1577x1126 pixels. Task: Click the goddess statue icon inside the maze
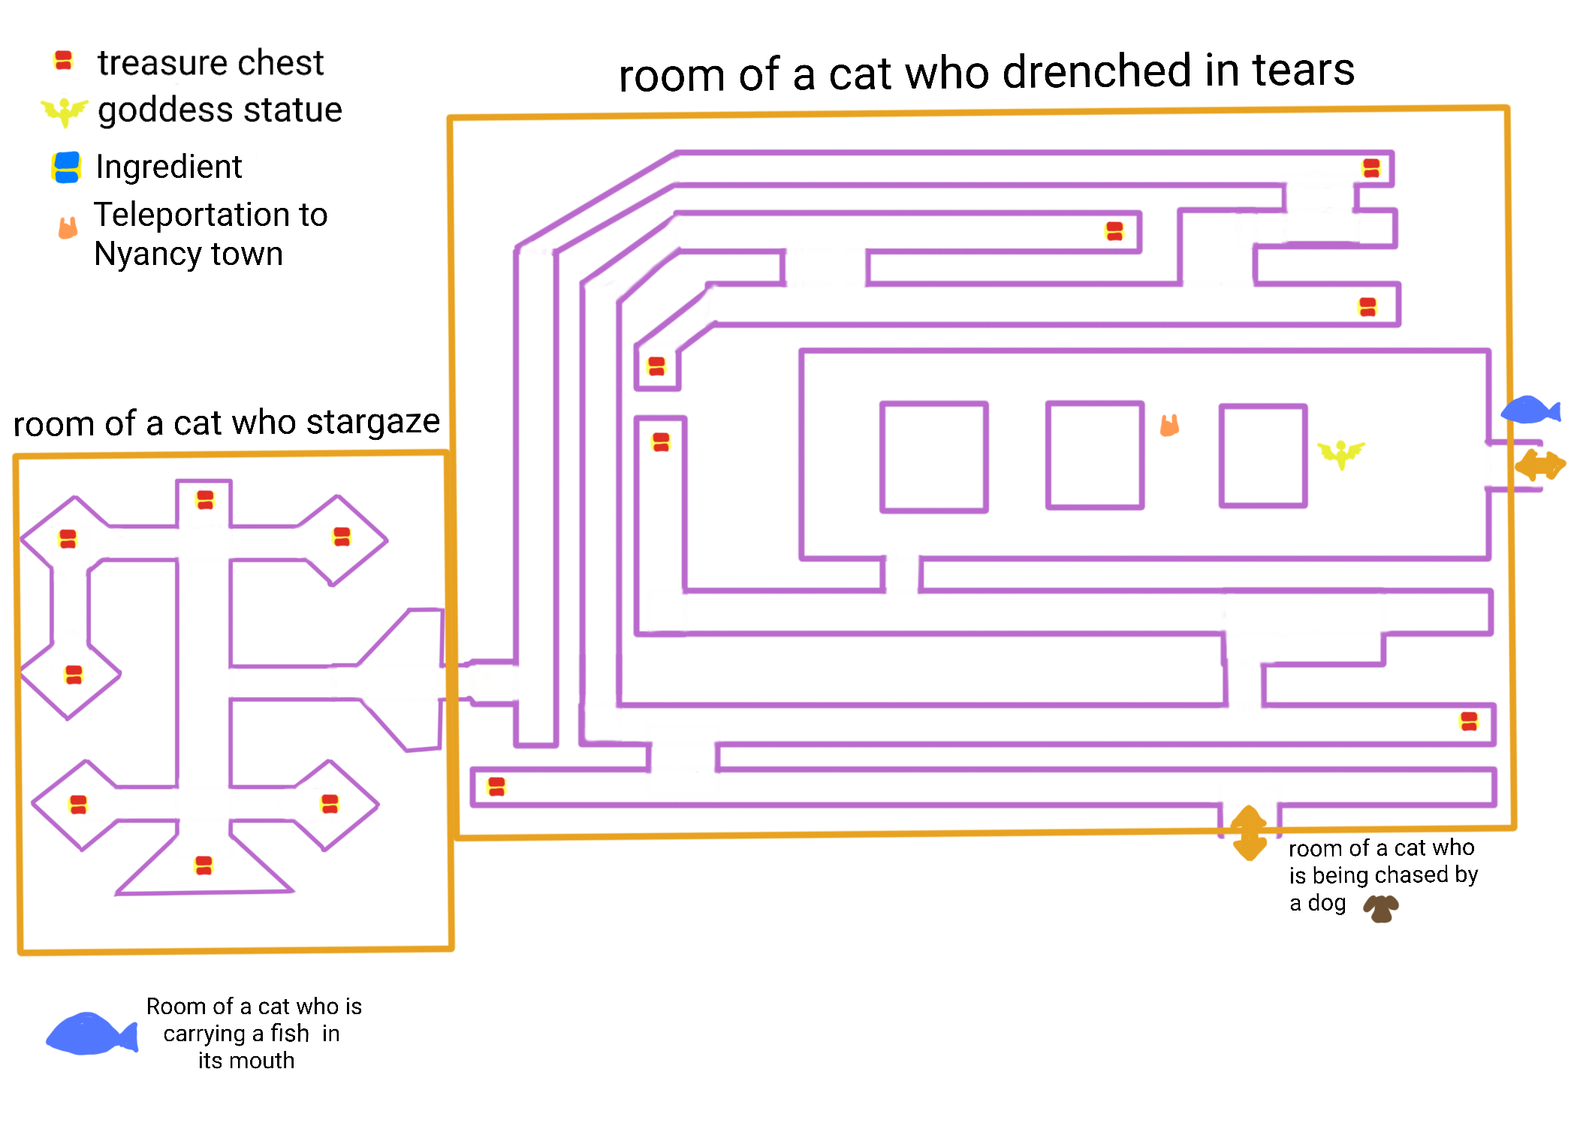[x=1341, y=453]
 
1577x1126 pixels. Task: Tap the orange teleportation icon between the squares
[x=1169, y=426]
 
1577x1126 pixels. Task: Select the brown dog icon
[x=1380, y=908]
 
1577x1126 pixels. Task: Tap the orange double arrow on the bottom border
[x=1250, y=833]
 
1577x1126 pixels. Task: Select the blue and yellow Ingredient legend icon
[x=66, y=167]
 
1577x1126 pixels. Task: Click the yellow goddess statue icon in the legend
[x=65, y=112]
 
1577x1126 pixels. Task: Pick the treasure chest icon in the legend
[x=64, y=61]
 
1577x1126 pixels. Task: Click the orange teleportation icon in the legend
[x=68, y=227]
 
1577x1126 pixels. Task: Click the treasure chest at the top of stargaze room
[x=205, y=499]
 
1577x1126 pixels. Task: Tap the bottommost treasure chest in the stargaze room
[x=204, y=866]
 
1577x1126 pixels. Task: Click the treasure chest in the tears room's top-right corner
[x=1371, y=168]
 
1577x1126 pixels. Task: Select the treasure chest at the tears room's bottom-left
[x=496, y=787]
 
